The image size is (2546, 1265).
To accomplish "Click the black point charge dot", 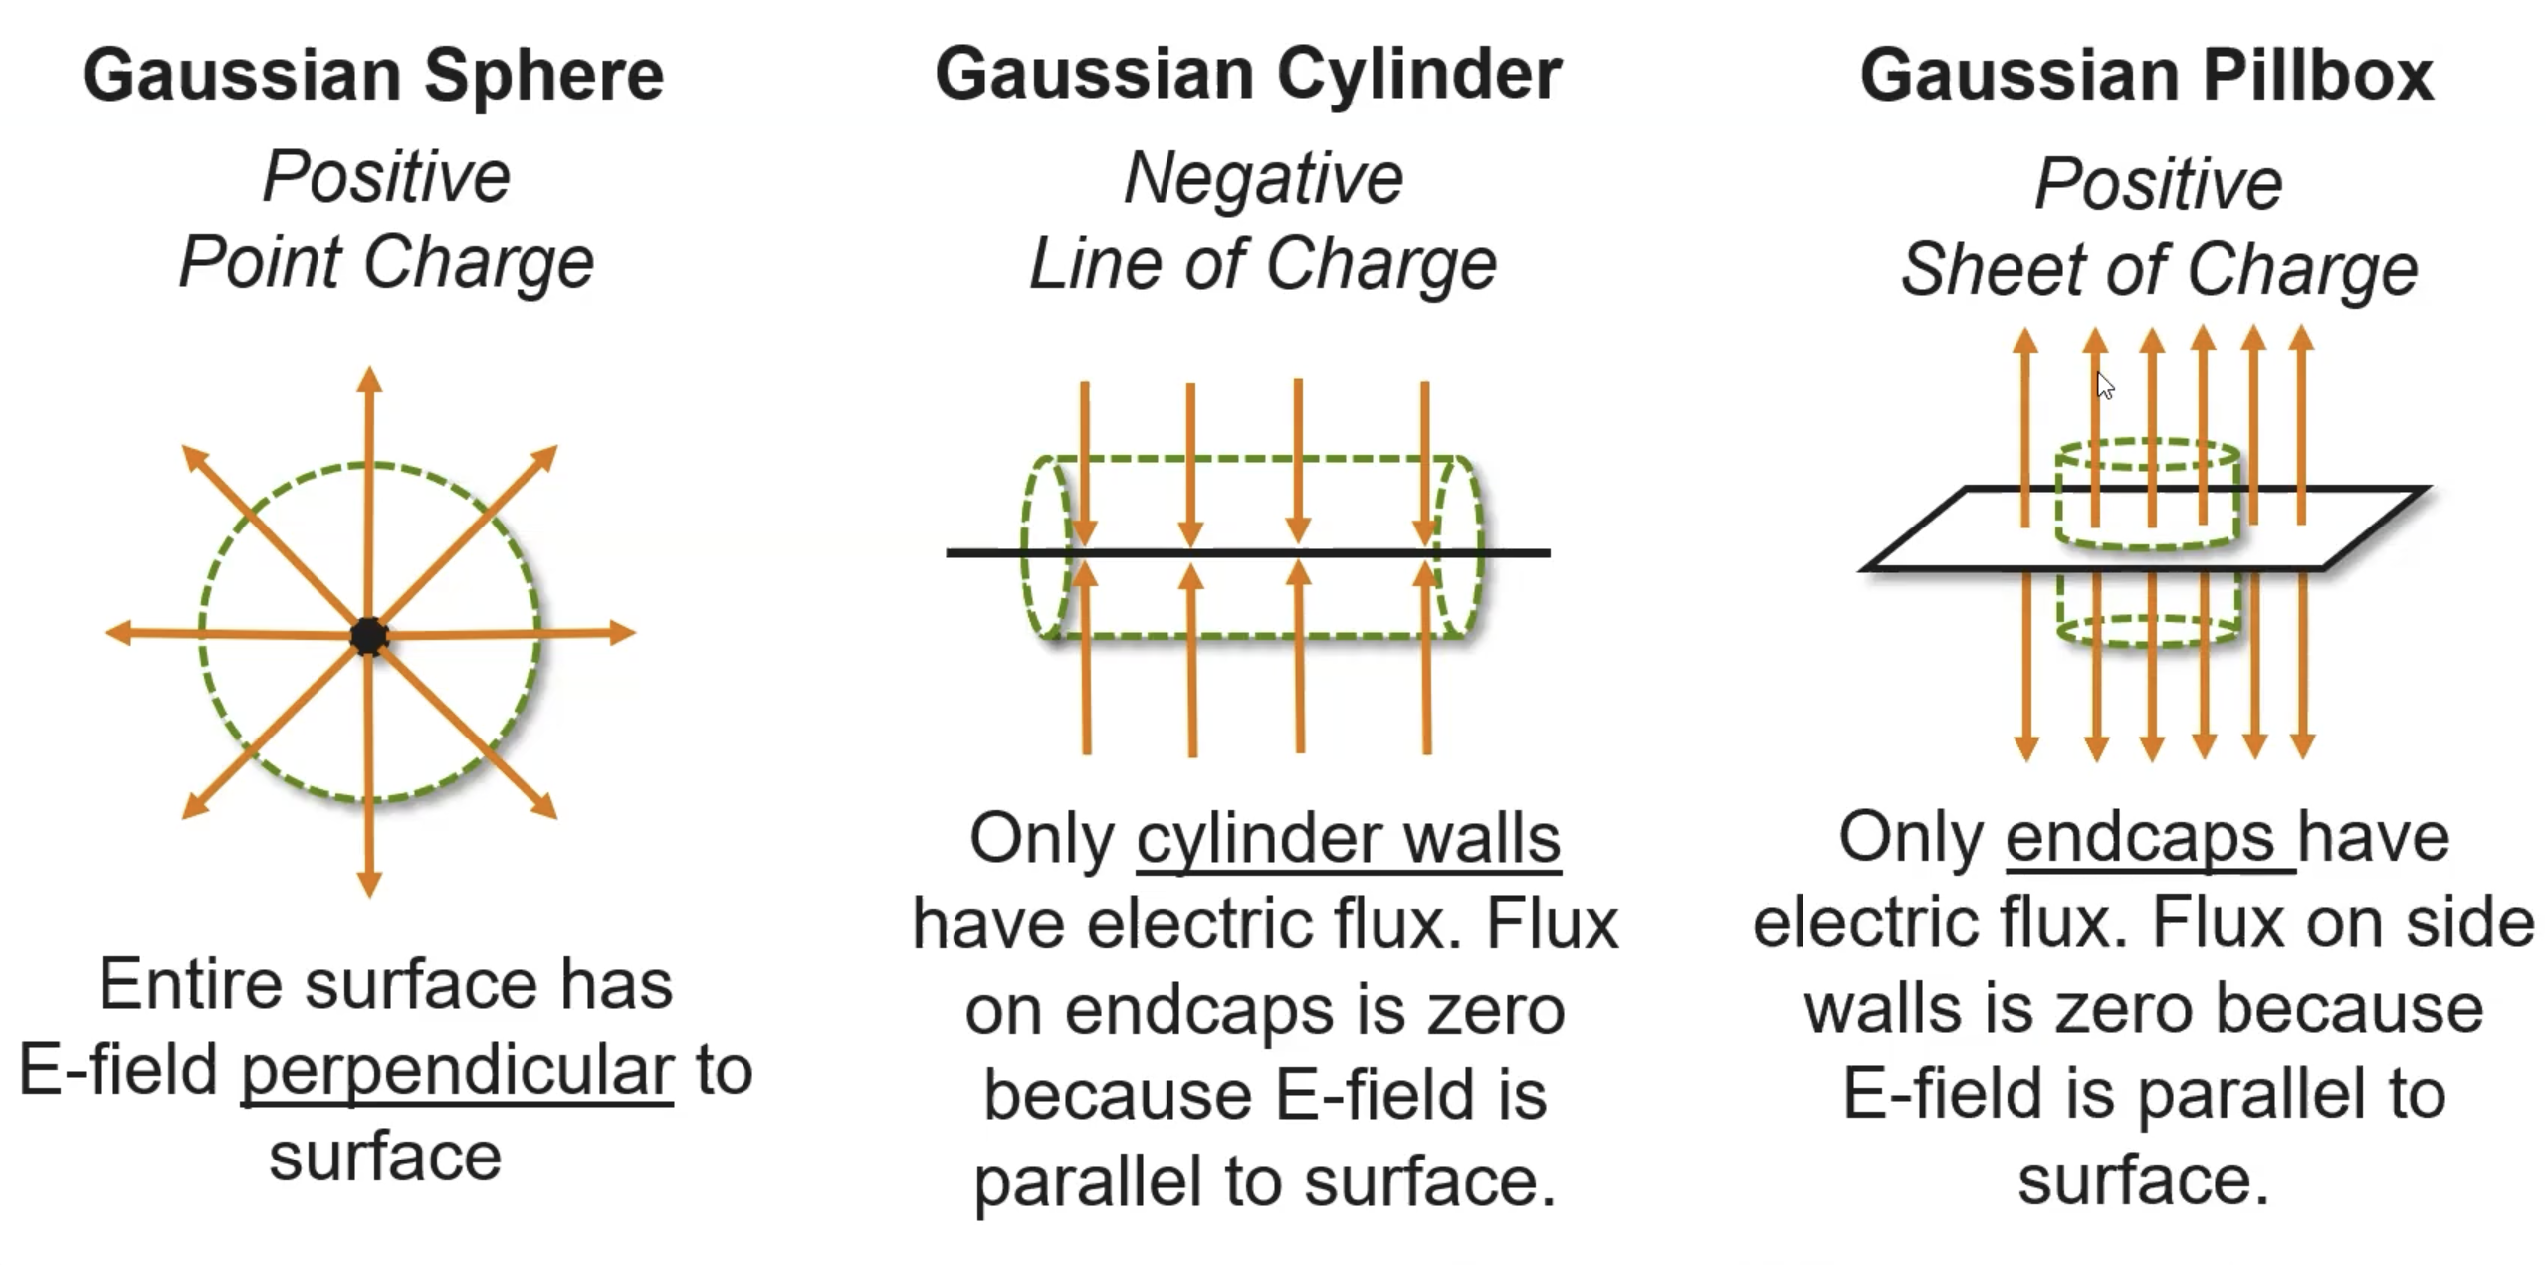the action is tap(369, 635).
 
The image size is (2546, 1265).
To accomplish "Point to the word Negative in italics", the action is tap(1263, 179).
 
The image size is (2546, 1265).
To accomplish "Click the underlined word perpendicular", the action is tap(457, 1071).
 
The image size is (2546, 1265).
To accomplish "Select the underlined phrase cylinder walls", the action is tap(1349, 838).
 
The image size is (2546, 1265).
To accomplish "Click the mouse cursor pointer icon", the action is tap(2104, 386).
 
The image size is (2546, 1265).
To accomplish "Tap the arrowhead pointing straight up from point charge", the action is tap(369, 379).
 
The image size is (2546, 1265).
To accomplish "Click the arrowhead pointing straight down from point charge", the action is tap(369, 884).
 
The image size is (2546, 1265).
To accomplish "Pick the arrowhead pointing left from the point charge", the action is tap(118, 632).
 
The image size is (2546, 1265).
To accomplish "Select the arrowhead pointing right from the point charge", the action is tap(622, 632).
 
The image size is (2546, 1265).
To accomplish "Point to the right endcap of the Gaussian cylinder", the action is tap(1461, 547).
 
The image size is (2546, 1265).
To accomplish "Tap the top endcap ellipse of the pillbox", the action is tap(2148, 454).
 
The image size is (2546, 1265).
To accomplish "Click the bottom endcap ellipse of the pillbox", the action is tap(2148, 631).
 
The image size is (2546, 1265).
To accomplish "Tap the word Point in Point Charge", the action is tap(260, 264).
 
